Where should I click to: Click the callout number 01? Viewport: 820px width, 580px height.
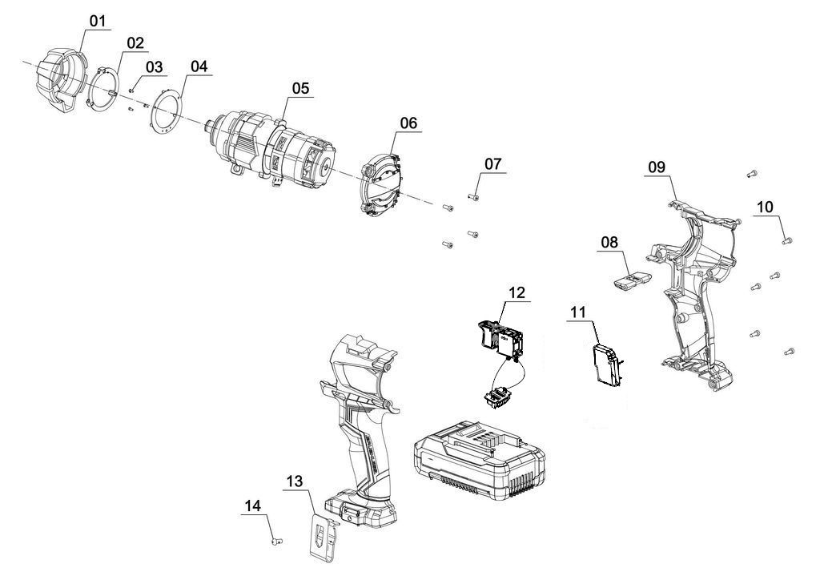click(x=98, y=20)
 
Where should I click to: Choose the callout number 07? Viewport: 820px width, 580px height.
click(x=492, y=163)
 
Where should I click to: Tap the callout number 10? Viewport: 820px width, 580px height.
click(x=765, y=207)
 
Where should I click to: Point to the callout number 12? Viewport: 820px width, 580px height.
click(x=517, y=292)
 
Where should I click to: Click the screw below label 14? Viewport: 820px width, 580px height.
click(x=275, y=543)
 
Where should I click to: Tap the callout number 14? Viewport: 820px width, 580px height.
click(x=253, y=505)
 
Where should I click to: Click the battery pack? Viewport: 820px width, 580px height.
click(x=479, y=461)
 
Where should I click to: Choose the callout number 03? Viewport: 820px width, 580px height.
click(x=153, y=66)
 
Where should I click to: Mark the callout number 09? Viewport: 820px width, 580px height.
click(x=657, y=166)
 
